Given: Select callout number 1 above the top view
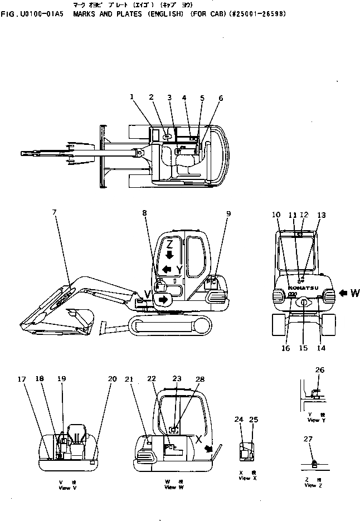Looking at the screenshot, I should (x=132, y=97).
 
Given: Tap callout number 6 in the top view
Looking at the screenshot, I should (x=220, y=99).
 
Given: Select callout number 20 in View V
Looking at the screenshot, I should (x=113, y=379).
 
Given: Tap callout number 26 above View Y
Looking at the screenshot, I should (x=319, y=369).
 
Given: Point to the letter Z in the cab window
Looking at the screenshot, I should (x=171, y=245).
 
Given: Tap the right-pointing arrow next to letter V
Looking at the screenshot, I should (x=163, y=300).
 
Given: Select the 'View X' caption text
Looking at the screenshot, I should (x=245, y=478).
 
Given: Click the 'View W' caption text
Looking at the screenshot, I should (x=170, y=487).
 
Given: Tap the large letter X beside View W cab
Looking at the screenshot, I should (x=198, y=439).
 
